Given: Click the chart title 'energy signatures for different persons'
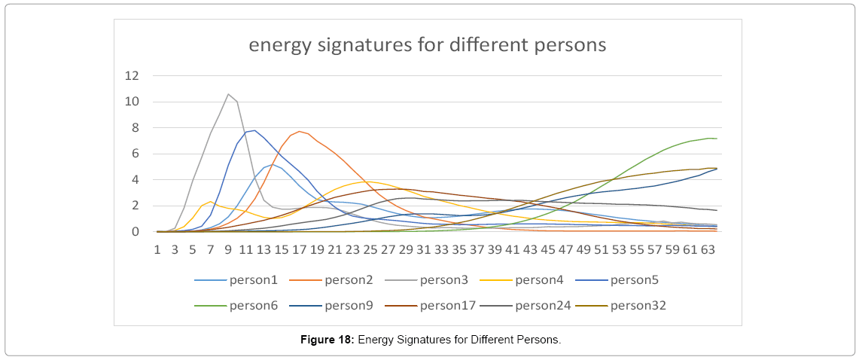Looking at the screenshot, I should (428, 44).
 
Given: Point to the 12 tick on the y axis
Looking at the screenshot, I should (133, 75).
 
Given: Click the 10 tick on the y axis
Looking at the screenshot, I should (133, 102).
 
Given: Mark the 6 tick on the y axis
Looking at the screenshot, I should (136, 154).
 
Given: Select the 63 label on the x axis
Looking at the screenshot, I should (707, 248).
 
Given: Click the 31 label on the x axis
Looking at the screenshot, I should (423, 248).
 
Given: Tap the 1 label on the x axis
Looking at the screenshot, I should (157, 248).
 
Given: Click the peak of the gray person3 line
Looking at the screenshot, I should (228, 94).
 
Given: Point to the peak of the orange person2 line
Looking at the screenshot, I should (300, 131).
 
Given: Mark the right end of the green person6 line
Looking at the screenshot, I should (716, 139).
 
